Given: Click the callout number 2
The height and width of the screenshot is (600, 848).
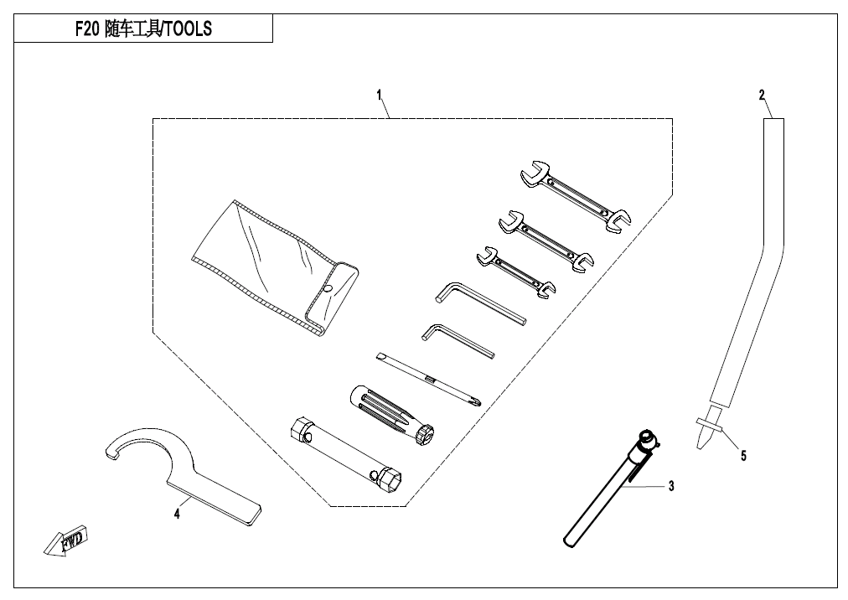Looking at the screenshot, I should coord(762,96).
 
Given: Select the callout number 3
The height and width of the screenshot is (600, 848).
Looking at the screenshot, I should coord(670,485).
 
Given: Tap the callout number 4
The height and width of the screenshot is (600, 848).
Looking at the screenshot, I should coord(177,514).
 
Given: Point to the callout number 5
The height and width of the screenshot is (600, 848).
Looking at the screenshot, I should coord(742,456).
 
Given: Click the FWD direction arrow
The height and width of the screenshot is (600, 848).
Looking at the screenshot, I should coord(68,543).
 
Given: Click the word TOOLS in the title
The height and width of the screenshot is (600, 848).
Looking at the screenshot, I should coord(186,29).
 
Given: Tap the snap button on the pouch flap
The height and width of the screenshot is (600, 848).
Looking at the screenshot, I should coord(328,290).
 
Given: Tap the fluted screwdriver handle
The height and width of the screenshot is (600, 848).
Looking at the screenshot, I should coord(390,412).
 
